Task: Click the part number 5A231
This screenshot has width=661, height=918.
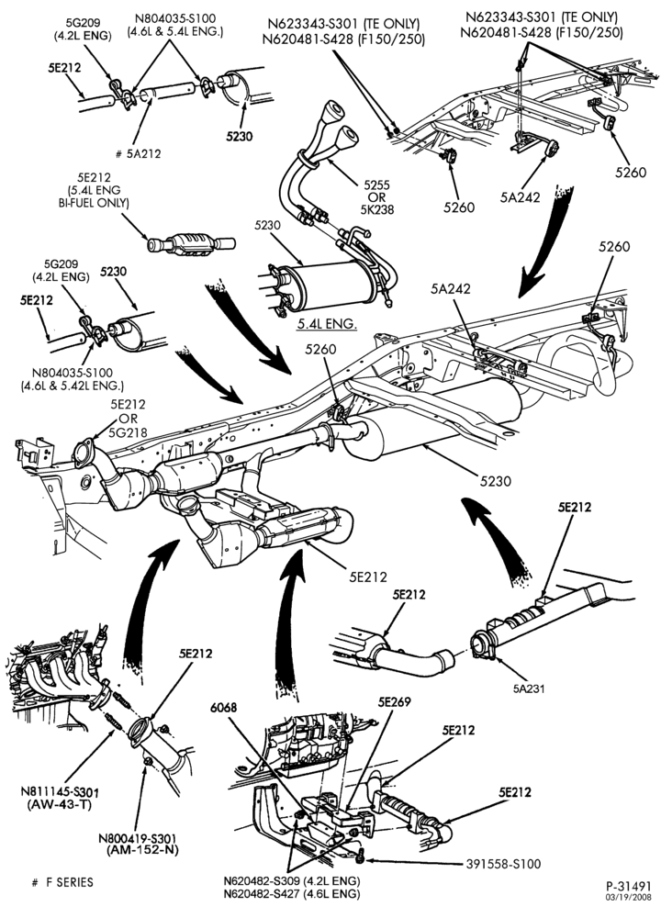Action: pyautogui.click(x=529, y=688)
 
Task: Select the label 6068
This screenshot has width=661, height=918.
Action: pyautogui.click(x=224, y=707)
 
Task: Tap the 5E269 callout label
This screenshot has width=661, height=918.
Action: pyautogui.click(x=394, y=701)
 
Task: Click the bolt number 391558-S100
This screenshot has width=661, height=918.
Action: pyautogui.click(x=503, y=864)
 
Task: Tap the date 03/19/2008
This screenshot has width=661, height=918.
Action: pyautogui.click(x=628, y=897)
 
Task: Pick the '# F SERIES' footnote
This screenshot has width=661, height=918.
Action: pyautogui.click(x=62, y=881)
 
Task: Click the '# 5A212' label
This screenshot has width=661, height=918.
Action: pyautogui.click(x=139, y=154)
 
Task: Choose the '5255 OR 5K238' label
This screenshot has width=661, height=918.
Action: pyautogui.click(x=377, y=196)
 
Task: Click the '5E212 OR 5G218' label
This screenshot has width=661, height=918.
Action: pyautogui.click(x=128, y=418)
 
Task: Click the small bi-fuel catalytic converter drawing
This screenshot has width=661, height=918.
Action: pyautogui.click(x=192, y=243)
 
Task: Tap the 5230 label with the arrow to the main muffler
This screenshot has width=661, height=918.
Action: pyautogui.click(x=496, y=481)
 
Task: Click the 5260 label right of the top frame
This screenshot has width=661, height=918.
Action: pyautogui.click(x=631, y=173)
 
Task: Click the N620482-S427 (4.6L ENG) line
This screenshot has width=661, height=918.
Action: pyautogui.click(x=292, y=894)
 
